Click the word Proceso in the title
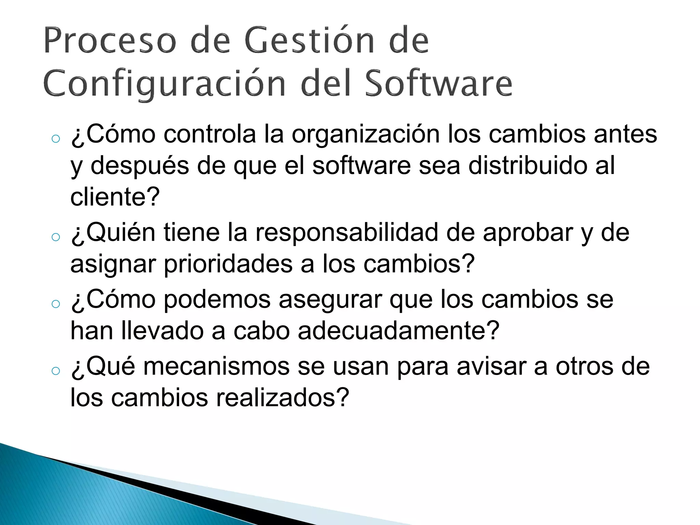[x=110, y=41]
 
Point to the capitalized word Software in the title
[x=439, y=83]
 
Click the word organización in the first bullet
[x=365, y=134]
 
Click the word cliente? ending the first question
[x=115, y=197]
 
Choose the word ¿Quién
[x=113, y=233]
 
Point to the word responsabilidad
[x=347, y=233]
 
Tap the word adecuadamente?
[x=399, y=331]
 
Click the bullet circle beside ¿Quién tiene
[x=55, y=237]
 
